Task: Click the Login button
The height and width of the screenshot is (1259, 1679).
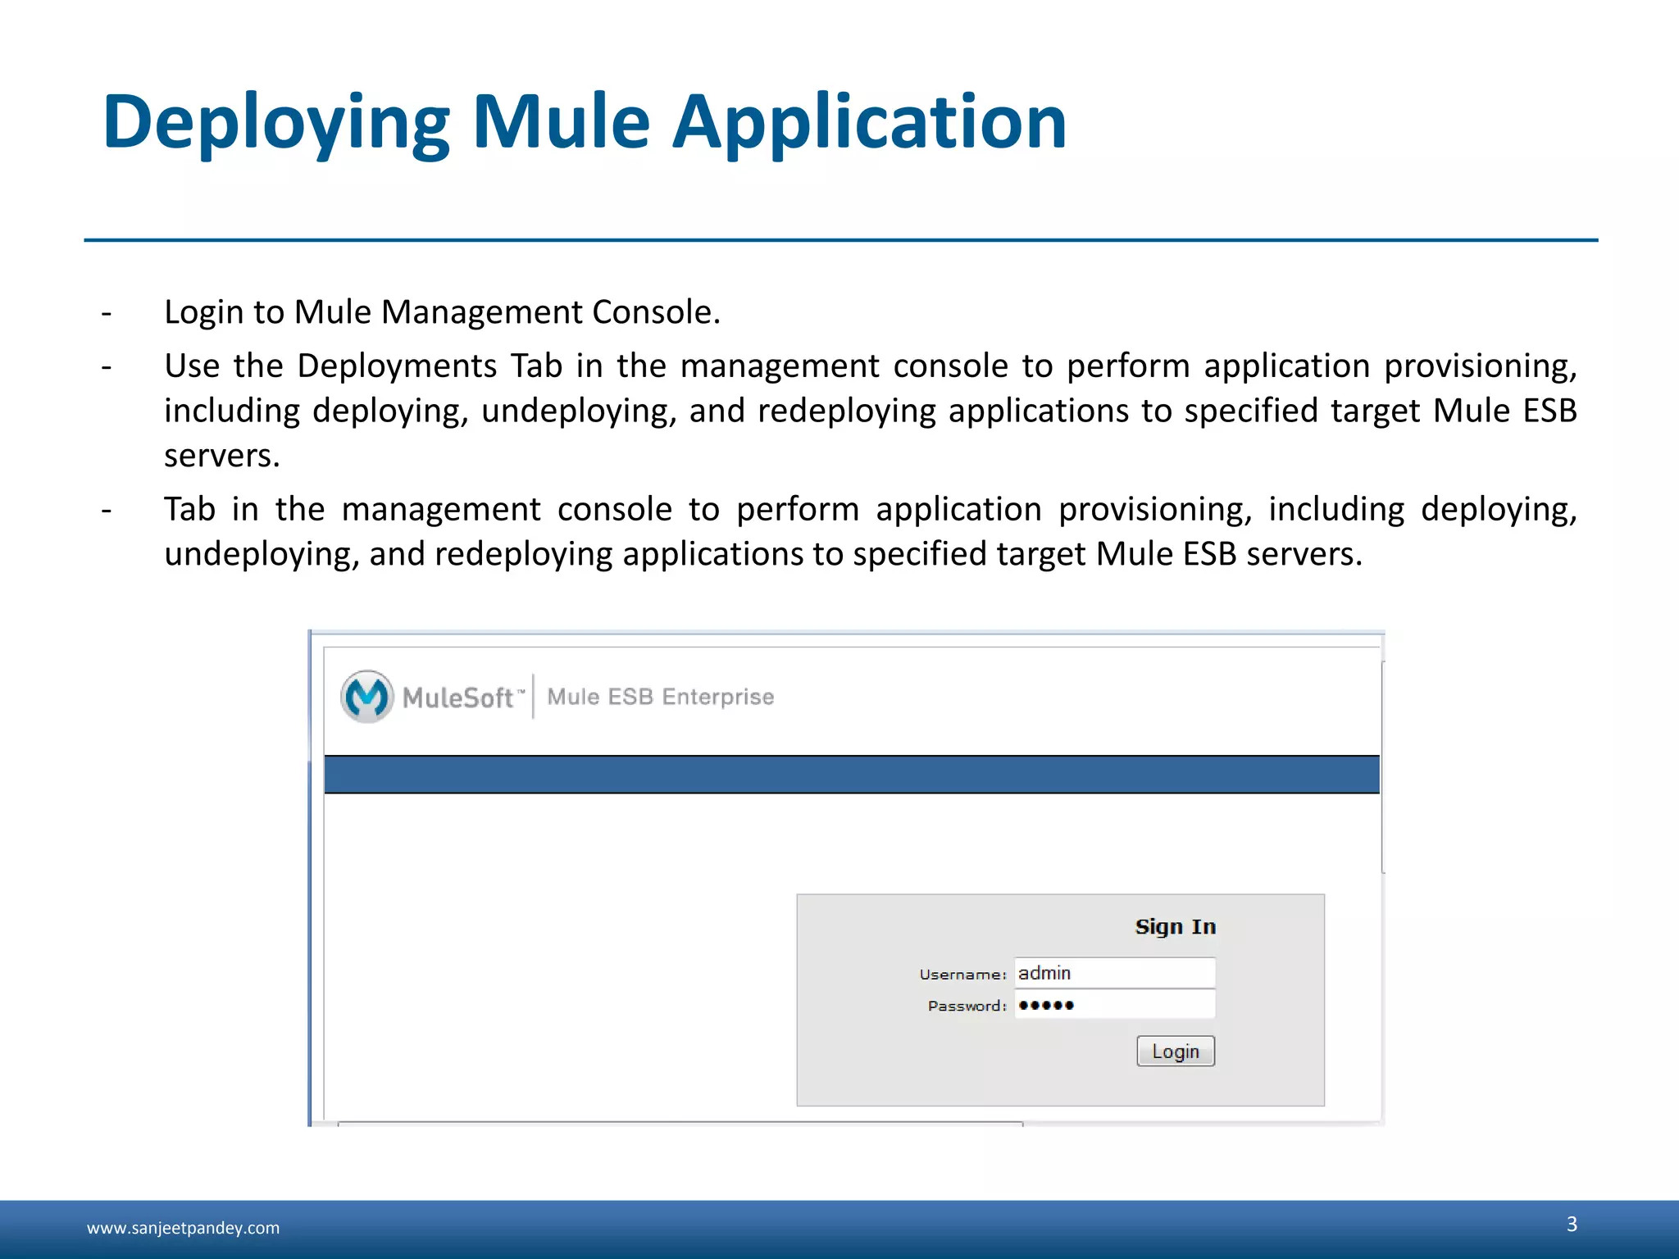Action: (x=1175, y=1051)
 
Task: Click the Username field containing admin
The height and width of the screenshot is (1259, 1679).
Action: (x=1114, y=973)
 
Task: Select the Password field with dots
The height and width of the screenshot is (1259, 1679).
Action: (x=1114, y=1005)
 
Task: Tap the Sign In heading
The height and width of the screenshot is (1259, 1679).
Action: (x=1175, y=927)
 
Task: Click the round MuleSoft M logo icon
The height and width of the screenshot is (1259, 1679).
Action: (x=366, y=697)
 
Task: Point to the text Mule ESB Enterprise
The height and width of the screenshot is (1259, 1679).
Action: (x=660, y=697)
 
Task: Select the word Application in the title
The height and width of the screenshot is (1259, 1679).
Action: (x=869, y=123)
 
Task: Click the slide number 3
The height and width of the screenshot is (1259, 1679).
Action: (x=1572, y=1224)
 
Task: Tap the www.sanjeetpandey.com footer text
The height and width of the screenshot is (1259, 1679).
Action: (x=183, y=1228)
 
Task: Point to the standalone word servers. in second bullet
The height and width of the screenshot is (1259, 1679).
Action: (x=222, y=456)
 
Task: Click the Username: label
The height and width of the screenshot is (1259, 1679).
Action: (x=962, y=975)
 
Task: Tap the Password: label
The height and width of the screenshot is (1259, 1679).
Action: (x=967, y=1006)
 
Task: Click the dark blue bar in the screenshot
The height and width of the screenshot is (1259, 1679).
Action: (x=851, y=775)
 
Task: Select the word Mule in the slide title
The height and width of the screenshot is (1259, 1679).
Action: (x=562, y=123)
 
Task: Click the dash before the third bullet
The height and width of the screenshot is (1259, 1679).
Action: (x=107, y=510)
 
